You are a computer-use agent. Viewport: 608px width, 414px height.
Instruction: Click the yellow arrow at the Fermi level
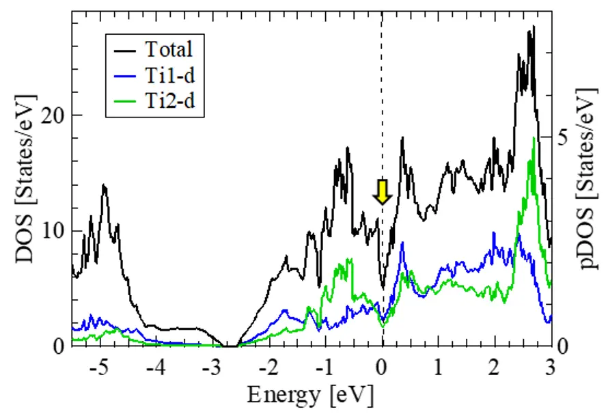(382, 192)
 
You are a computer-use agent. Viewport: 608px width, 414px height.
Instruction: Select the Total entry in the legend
(169, 49)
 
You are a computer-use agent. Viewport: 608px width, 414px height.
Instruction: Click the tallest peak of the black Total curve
(532, 27)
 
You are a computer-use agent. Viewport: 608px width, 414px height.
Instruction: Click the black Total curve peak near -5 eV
(104, 185)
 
